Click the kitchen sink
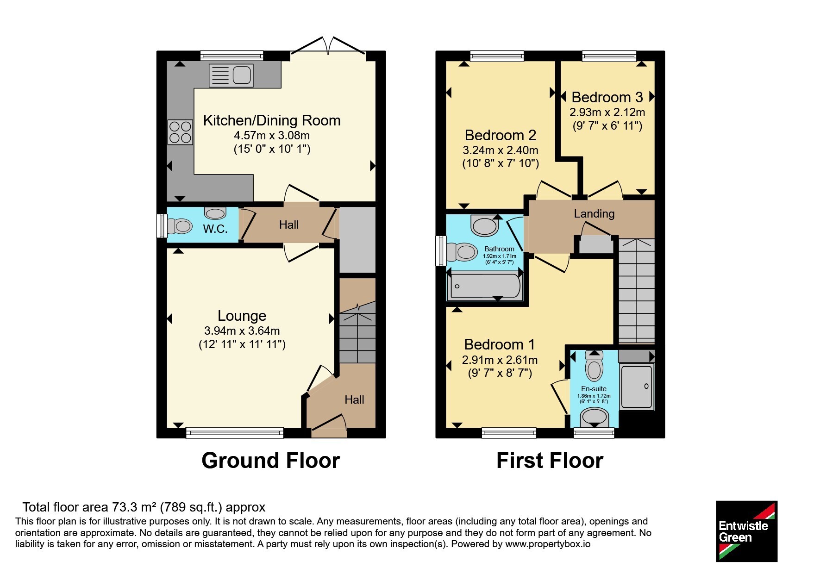point(231,75)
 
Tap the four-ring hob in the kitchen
point(180,132)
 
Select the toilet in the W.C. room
point(180,226)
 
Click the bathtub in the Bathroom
point(485,286)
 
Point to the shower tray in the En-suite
point(637,387)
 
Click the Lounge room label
point(242,316)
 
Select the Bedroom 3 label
point(607,97)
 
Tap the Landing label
point(594,213)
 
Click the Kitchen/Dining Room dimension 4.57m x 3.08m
point(272,136)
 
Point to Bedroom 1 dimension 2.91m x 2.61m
point(500,360)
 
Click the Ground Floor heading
point(271,461)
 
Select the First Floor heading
point(550,461)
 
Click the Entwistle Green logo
point(746,531)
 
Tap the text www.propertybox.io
point(548,544)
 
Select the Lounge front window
point(235,433)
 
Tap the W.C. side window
point(161,226)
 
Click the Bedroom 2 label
point(501,135)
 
